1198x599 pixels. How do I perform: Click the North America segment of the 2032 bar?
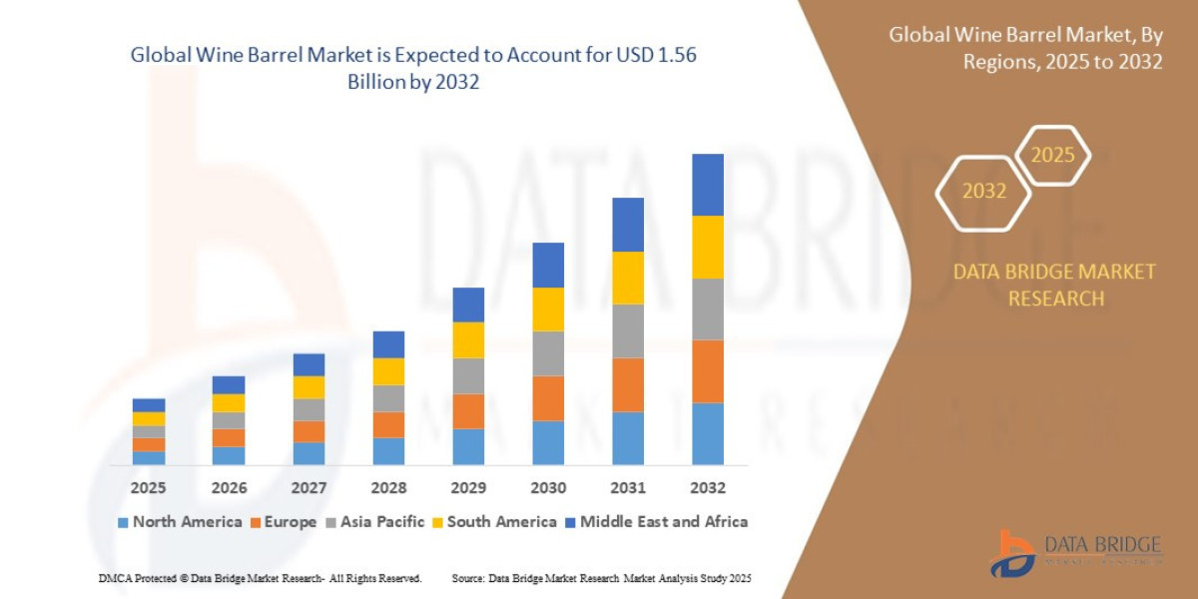coord(707,433)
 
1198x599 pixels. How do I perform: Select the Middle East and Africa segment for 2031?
coord(628,225)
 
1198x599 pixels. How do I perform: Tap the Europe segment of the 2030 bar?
coord(548,398)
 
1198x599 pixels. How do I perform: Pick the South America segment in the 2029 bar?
coord(468,339)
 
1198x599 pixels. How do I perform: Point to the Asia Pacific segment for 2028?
coord(388,398)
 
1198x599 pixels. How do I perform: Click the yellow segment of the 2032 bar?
coord(707,247)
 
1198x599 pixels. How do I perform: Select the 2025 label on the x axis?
coord(148,488)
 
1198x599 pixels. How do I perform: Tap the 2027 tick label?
coord(308,488)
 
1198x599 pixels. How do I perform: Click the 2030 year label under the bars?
coord(548,488)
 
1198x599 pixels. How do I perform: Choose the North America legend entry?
coord(180,521)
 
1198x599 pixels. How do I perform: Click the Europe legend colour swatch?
coord(257,522)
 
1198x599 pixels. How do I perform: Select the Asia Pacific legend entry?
coord(374,521)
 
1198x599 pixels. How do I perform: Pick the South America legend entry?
coord(493,521)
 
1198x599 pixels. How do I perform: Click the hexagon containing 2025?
coord(1052,156)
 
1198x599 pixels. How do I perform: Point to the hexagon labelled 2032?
coord(983,192)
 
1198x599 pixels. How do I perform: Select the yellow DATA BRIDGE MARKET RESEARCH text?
coord(1054,285)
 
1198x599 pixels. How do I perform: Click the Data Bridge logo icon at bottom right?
coord(1012,552)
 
